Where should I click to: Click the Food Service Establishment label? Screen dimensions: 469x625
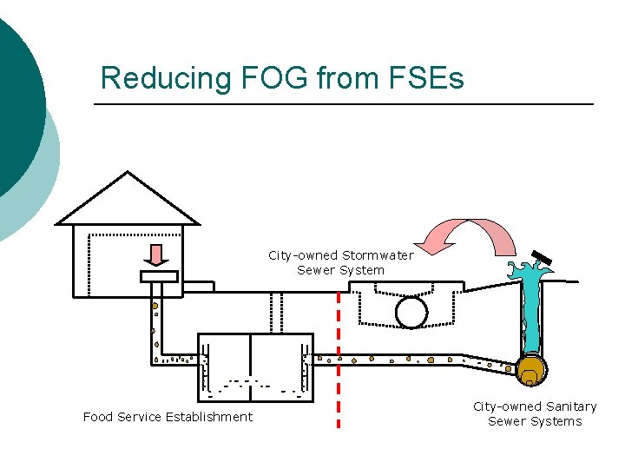(x=168, y=417)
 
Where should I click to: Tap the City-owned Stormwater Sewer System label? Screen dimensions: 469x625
(x=340, y=262)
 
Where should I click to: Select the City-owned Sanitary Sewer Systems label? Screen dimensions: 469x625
(x=535, y=413)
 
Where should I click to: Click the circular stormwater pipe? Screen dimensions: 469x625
(x=411, y=312)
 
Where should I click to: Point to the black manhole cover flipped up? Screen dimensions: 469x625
(x=543, y=258)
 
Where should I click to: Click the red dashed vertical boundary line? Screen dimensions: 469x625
(x=338, y=365)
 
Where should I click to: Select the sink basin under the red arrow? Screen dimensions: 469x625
(x=159, y=276)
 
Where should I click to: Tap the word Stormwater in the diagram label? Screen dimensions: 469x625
(x=378, y=255)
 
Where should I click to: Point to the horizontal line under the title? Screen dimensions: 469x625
(x=343, y=105)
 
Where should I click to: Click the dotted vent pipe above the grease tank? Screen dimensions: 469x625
(x=276, y=312)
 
